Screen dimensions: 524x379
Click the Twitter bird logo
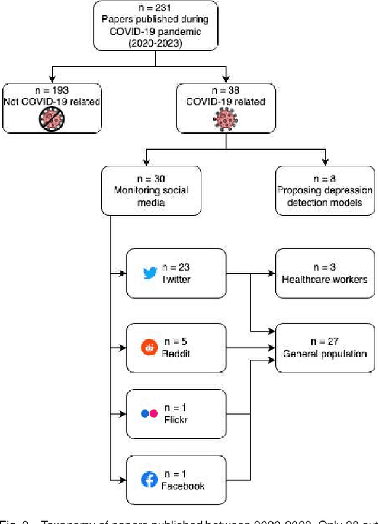pos(149,273)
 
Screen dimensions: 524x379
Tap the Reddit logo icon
pos(148,347)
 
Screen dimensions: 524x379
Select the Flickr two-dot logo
pos(149,413)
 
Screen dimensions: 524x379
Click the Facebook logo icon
pos(149,480)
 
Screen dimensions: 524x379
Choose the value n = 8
pos(325,179)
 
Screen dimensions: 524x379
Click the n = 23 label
pos(176,268)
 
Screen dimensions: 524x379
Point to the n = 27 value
pos(325,342)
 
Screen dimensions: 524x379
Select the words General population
pos(325,354)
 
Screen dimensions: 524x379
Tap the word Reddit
pos(176,353)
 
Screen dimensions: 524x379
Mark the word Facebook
pos(182,486)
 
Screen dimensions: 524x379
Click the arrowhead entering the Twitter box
pos(123,273)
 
